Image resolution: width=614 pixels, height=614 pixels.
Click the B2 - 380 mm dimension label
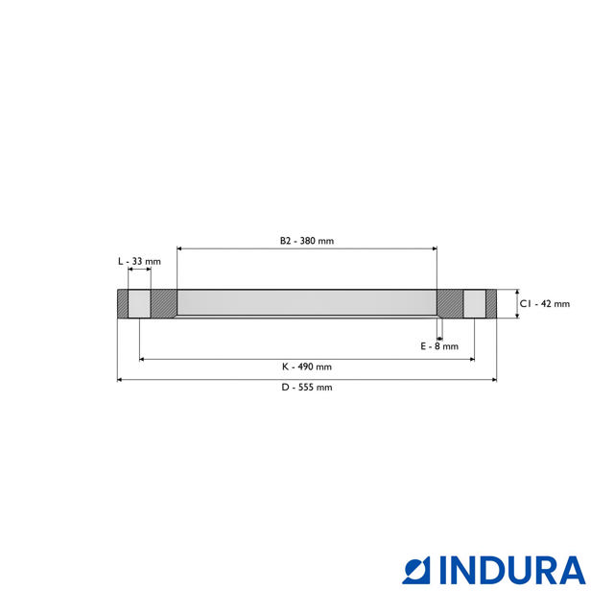tap(307, 241)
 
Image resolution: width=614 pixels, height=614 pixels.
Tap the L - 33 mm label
tap(139, 261)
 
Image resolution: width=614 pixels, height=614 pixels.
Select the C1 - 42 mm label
tap(545, 304)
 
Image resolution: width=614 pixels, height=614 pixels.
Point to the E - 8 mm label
tap(440, 346)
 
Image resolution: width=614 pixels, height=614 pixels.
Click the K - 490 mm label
tap(307, 366)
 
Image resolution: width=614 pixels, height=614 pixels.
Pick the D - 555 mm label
tap(307, 388)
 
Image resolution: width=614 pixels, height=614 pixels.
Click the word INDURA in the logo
tap(512, 570)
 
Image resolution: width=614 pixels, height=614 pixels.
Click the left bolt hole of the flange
tap(139, 304)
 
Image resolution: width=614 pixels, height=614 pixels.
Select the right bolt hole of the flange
tap(474, 304)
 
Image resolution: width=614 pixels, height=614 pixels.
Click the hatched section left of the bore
tap(164, 304)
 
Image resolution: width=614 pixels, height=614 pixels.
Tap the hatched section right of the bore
tap(449, 304)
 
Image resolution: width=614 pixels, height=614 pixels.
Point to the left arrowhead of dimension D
tap(120, 380)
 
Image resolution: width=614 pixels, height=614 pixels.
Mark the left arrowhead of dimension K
tap(143, 359)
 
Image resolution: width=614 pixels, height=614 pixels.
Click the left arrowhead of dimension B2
tap(180, 248)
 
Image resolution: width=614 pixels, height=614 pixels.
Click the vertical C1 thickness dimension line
tap(516, 304)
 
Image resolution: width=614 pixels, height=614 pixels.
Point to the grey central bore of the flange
tap(307, 304)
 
